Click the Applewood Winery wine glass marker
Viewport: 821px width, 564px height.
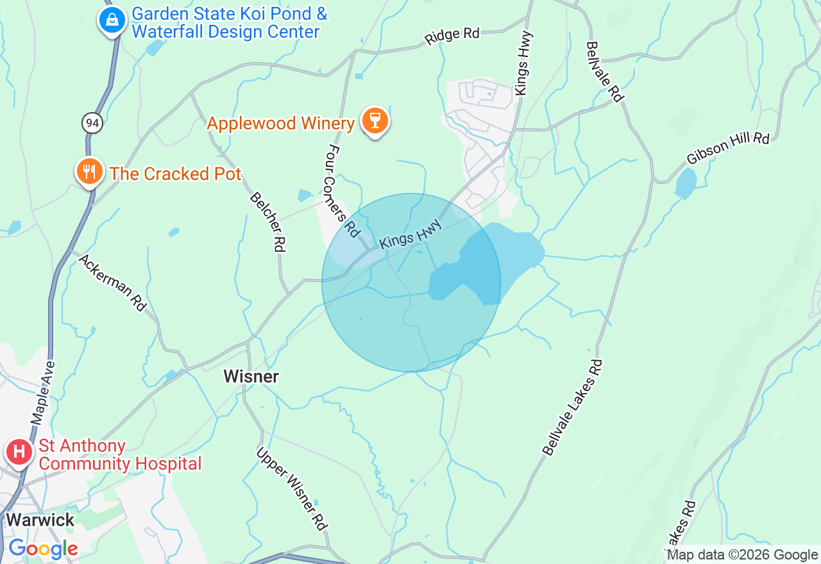click(375, 120)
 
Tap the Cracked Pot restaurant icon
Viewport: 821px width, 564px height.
click(90, 172)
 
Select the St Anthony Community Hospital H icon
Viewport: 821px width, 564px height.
click(19, 452)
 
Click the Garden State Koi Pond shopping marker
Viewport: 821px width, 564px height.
click(112, 21)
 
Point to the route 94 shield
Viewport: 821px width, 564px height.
click(92, 122)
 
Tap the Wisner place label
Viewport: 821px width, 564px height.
click(251, 376)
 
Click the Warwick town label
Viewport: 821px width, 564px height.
click(40, 519)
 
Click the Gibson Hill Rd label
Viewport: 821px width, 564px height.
click(727, 149)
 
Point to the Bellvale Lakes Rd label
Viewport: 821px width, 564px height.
click(573, 408)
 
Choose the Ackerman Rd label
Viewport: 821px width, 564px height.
click(113, 283)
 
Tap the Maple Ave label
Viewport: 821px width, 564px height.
click(44, 393)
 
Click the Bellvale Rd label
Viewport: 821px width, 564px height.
click(604, 71)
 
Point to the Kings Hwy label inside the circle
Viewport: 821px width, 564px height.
click(410, 233)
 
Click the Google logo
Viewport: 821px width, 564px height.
click(43, 549)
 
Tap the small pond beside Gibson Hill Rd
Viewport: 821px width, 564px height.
click(685, 183)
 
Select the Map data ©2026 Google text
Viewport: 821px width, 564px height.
click(742, 555)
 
